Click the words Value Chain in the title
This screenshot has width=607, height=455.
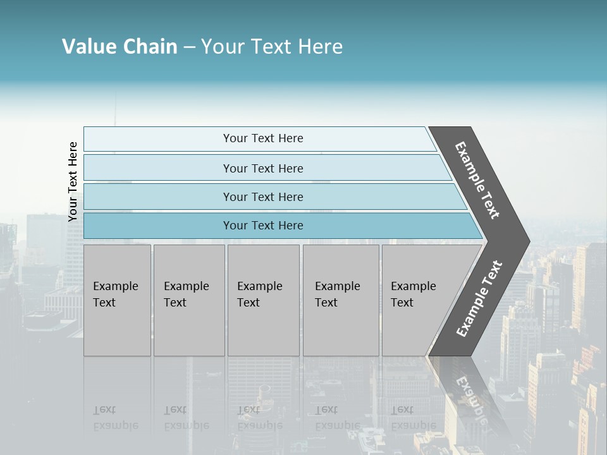120,47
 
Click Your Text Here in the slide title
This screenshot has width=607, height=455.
271,47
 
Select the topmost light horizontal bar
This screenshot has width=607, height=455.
158,139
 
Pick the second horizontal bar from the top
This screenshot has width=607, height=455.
158,168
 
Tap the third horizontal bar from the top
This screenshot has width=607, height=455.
158,197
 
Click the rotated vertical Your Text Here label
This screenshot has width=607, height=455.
73,181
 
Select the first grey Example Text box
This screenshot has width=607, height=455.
117,300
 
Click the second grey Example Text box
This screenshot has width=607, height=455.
189,300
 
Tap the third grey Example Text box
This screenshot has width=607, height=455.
263,300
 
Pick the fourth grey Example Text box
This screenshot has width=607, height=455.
341,300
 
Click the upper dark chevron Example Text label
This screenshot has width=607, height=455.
477,180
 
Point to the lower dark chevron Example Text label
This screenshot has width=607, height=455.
479,299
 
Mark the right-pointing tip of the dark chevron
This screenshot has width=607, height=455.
527,241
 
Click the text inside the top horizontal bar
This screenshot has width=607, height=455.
263,138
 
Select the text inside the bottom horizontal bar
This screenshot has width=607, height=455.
263,226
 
